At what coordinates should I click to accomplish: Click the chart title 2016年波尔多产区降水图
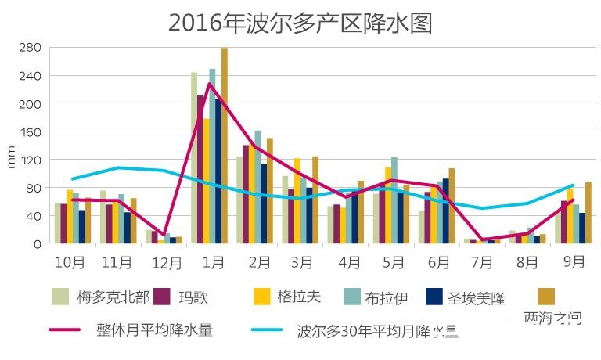(x=300, y=23)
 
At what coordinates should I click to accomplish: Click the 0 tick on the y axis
(x=36, y=243)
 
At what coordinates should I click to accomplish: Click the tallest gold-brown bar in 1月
(x=225, y=146)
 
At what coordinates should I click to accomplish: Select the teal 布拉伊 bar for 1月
(x=212, y=157)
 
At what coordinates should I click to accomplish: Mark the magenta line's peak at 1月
(x=209, y=83)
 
